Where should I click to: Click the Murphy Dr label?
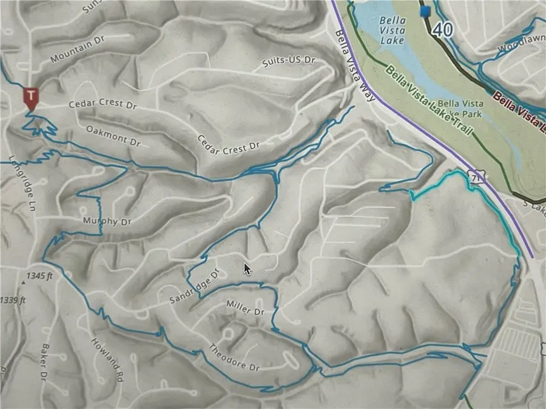pyautogui.click(x=107, y=221)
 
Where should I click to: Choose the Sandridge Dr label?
pyautogui.click(x=193, y=285)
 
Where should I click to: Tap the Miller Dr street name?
pyautogui.click(x=245, y=308)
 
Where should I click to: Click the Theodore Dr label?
pyautogui.click(x=234, y=358)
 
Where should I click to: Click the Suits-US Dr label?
pyautogui.click(x=290, y=61)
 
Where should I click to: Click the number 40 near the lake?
pyautogui.click(x=443, y=28)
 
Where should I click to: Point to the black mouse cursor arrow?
pyautogui.click(x=248, y=268)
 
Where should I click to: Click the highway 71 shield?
pyautogui.click(x=475, y=177)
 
